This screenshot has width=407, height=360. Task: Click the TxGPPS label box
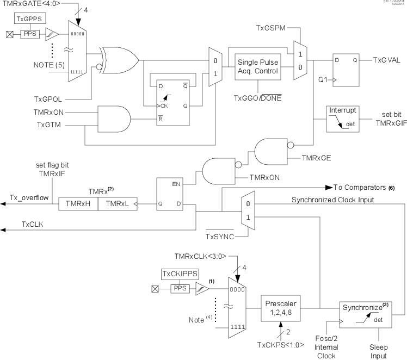pos(27,22)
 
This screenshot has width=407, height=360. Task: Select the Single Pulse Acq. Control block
pos(256,67)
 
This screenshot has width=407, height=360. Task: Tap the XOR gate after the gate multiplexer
pos(119,60)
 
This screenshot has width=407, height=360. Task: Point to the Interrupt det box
pos(342,118)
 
